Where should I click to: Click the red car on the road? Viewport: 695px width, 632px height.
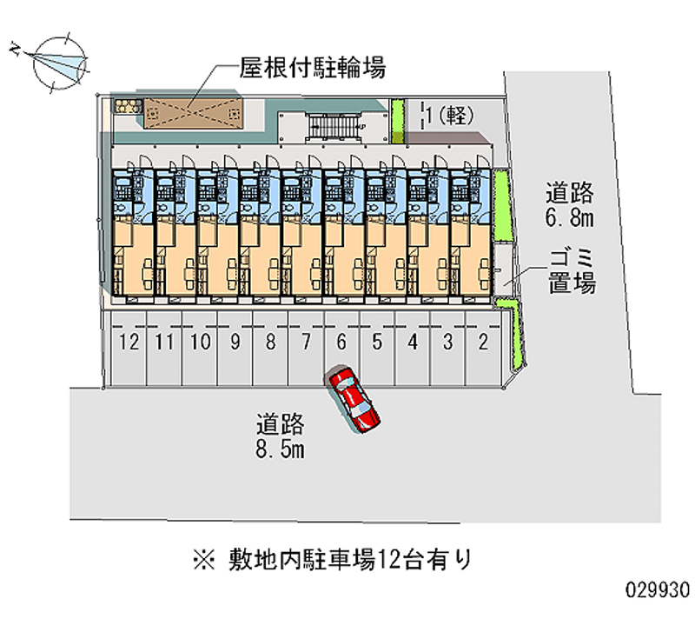(354, 399)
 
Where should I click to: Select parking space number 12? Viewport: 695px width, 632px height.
(129, 342)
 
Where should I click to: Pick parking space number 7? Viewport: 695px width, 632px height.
(306, 342)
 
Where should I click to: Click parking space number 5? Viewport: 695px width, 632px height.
(377, 342)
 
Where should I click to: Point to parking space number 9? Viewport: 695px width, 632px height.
(235, 342)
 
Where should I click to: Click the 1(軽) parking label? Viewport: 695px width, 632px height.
(449, 115)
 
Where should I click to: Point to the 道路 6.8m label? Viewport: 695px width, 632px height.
(570, 203)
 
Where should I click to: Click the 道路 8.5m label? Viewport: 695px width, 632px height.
(281, 436)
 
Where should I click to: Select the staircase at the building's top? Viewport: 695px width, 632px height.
(334, 127)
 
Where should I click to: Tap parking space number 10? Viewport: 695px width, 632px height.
(200, 342)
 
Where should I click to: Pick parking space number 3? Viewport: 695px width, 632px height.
(447, 342)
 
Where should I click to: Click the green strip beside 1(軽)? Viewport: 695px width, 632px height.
(398, 121)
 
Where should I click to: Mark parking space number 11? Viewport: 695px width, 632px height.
(164, 342)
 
